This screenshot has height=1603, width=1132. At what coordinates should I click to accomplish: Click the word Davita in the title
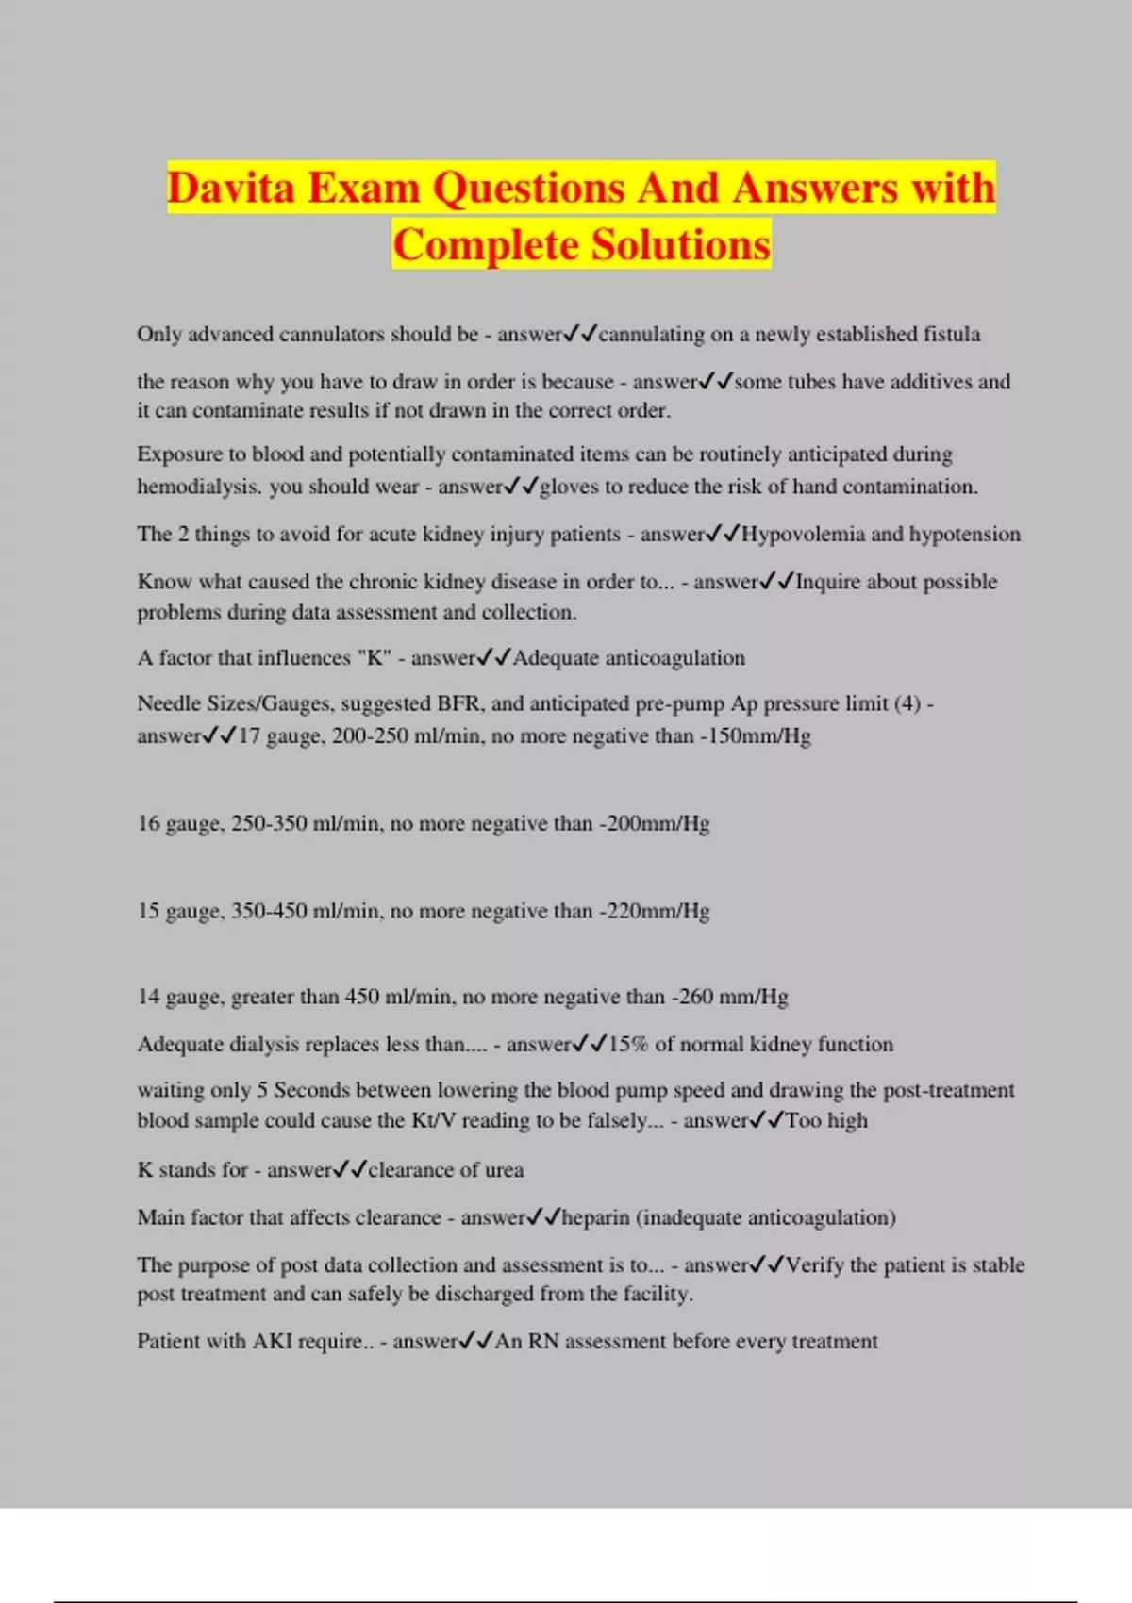coord(232,188)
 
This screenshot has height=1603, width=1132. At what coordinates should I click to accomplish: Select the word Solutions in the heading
coord(681,245)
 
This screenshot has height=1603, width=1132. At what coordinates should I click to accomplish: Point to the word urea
coord(504,1170)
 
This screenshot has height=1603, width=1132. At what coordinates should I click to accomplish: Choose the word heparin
coord(595,1217)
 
